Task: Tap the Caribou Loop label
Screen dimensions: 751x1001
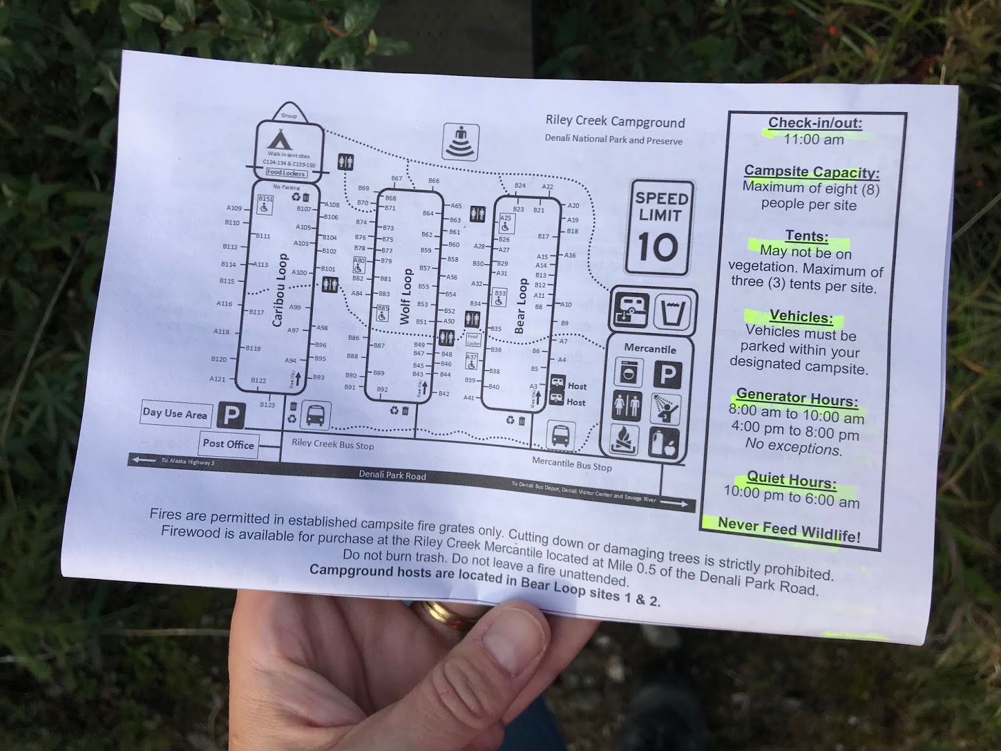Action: click(x=280, y=290)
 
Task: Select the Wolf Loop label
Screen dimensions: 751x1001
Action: click(x=406, y=297)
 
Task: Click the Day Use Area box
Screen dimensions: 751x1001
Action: click(x=175, y=413)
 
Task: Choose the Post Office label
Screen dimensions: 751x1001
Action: click(x=228, y=444)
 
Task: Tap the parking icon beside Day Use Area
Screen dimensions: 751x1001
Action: click(x=231, y=415)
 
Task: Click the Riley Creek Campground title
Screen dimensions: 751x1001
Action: click(x=615, y=121)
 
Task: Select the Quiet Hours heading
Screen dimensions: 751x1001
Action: click(x=791, y=481)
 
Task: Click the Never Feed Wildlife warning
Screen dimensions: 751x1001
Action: click(x=788, y=529)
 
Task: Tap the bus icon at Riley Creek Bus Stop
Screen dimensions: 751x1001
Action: click(x=316, y=415)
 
